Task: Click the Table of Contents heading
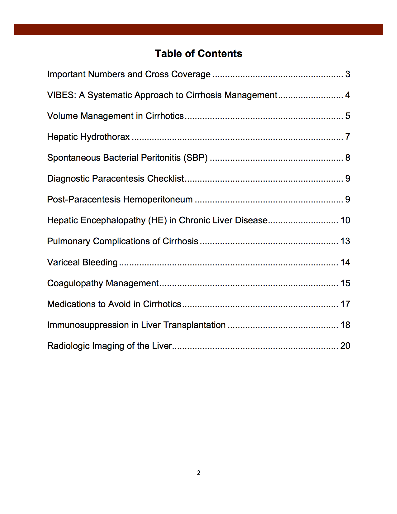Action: point(198,54)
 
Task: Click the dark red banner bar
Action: point(199,29)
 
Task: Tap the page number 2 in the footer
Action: point(199,473)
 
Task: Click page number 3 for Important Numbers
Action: point(347,74)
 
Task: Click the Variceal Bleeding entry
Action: point(82,262)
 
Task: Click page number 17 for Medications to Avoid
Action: point(345,304)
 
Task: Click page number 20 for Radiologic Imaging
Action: point(345,346)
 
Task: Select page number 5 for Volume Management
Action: point(347,116)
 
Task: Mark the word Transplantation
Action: point(194,325)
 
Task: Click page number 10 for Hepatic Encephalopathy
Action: point(345,220)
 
